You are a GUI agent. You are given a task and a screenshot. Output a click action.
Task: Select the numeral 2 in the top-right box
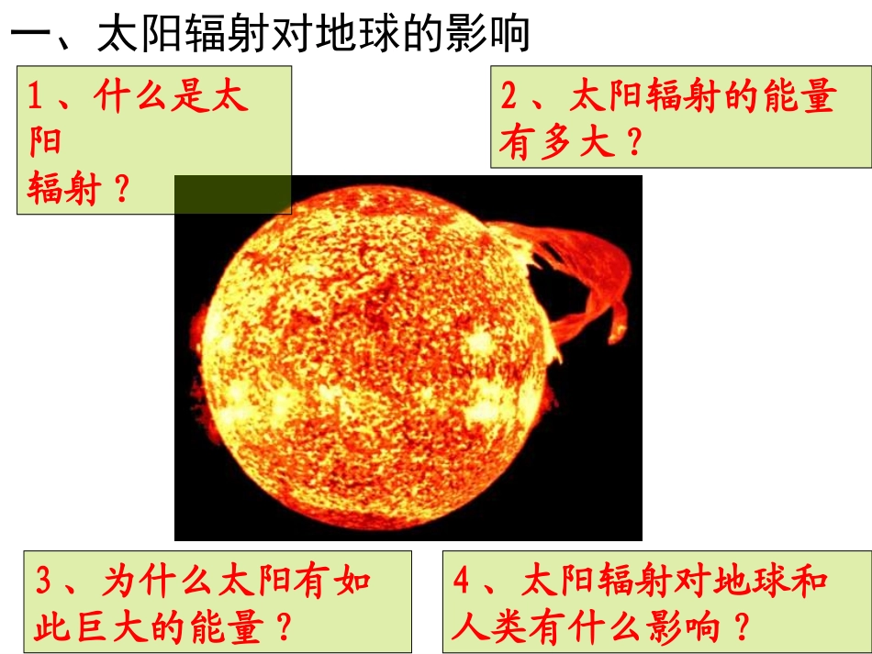(x=510, y=96)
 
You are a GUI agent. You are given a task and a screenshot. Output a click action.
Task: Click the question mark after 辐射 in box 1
(x=120, y=191)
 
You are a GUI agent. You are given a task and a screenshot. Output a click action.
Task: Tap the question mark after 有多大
(x=632, y=144)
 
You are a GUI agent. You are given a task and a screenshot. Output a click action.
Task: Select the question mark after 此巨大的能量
(x=284, y=628)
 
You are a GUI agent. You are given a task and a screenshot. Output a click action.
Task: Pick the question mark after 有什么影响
(x=742, y=628)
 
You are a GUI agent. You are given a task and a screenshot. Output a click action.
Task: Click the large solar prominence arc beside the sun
(x=587, y=275)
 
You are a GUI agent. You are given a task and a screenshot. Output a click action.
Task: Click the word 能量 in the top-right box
(x=799, y=96)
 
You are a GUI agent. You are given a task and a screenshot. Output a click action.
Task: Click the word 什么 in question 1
(x=134, y=96)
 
